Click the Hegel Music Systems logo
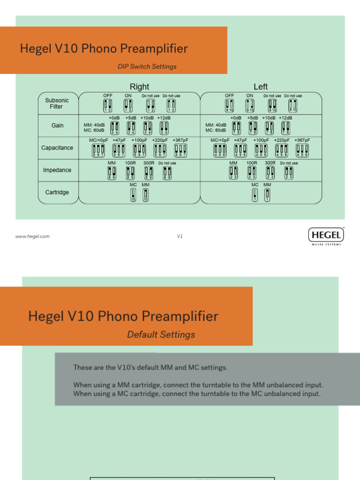click(326, 236)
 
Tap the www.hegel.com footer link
click(32, 236)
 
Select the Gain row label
click(58, 126)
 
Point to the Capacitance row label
click(57, 148)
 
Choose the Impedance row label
click(57, 170)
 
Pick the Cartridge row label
click(57, 192)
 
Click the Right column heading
click(139, 87)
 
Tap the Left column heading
click(261, 87)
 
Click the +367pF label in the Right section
click(180, 140)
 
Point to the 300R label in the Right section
click(149, 163)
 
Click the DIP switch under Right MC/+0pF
click(98, 150)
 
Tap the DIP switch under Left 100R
click(252, 172)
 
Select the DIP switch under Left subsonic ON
click(250, 105)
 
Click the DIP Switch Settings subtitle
click(147, 67)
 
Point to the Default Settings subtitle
click(161, 335)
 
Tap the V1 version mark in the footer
click(180, 236)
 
